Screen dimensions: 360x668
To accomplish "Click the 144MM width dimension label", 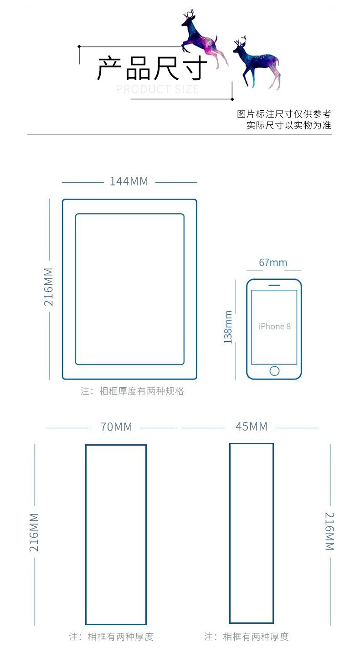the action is pos(129,181).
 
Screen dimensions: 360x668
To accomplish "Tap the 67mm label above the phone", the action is pos(273,262).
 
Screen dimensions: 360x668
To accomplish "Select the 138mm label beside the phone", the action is pos(228,327).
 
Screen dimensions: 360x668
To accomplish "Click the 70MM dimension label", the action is pos(116,427).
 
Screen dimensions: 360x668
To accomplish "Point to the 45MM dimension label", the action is pos(252,426).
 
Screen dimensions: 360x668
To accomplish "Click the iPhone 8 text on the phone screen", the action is pos(274,326).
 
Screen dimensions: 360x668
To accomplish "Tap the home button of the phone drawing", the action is pos(274,370).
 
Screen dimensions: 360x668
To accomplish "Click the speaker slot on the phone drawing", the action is pos(274,286).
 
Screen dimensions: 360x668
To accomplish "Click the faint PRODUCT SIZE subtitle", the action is pos(158,89).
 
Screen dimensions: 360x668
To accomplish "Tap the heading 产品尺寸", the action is pos(152,68).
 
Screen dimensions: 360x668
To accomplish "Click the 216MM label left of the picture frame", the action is pos(49,287).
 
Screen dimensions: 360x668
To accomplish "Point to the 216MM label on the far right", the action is pos(329,531).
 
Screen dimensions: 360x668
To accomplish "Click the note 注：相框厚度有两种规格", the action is pos(132,391).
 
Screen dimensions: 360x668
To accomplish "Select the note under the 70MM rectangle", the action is pos(111,637).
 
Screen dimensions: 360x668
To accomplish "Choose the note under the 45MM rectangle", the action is pos(247,637).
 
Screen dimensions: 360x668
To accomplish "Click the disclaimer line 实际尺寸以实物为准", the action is pos(289,125).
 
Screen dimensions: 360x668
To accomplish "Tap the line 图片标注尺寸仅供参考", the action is pos(284,114).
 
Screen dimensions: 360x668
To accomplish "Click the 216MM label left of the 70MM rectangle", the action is pos(34,532).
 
